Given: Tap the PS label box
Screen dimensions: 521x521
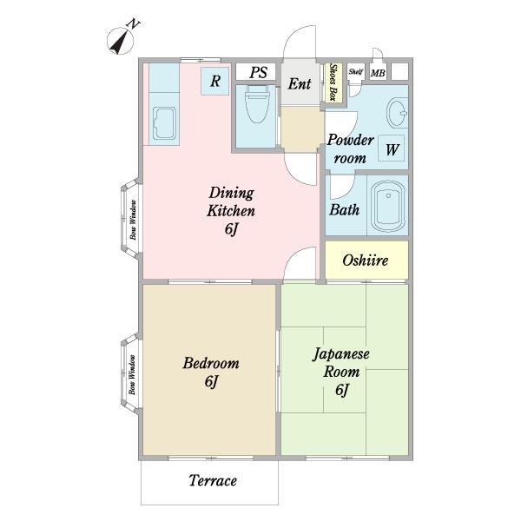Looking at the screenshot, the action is tap(256, 72).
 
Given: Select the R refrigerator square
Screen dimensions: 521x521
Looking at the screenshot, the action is tap(215, 81).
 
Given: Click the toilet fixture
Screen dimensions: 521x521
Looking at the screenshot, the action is tap(256, 103).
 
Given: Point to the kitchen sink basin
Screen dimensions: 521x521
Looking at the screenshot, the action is tap(164, 123).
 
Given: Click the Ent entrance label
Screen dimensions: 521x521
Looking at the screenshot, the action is tap(300, 83).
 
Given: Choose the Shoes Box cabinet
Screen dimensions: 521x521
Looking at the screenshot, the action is tap(333, 82).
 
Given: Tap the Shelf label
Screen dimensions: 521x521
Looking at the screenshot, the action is tap(356, 71).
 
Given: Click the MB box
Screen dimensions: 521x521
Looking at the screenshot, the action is tap(378, 73).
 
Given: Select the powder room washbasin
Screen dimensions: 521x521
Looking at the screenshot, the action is tap(398, 112).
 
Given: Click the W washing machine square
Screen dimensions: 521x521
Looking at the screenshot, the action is tap(392, 148).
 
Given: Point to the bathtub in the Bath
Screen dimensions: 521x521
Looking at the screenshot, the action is tap(388, 206).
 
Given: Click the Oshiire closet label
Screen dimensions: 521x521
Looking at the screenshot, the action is tap(366, 260).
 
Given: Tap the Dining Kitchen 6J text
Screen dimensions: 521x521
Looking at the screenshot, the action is tap(231, 211).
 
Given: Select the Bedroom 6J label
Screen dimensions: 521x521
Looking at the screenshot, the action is tap(211, 372).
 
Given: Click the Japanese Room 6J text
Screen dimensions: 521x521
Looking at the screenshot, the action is tap(341, 372).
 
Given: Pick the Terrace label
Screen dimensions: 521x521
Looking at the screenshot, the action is tap(213, 481).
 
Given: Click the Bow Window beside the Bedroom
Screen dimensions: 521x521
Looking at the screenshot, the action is tap(132, 374).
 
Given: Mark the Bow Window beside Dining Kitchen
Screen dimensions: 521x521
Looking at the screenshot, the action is tap(132, 219).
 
